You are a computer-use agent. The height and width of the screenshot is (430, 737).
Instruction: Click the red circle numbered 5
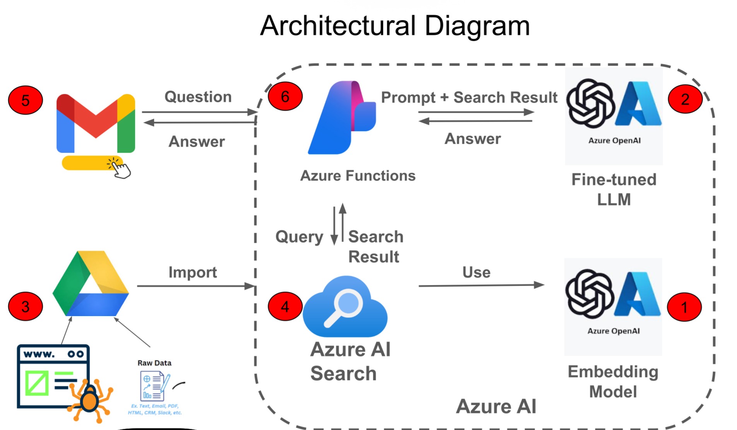click(x=25, y=100)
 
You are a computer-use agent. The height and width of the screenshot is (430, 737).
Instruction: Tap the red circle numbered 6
click(x=285, y=96)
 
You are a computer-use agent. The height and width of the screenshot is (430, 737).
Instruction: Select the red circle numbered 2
click(x=685, y=99)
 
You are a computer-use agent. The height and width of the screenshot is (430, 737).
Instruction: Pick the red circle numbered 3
click(x=25, y=306)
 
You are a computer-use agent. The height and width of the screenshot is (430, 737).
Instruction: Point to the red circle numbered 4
click(x=285, y=306)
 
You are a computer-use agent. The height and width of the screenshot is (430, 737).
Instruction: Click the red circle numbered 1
click(x=684, y=307)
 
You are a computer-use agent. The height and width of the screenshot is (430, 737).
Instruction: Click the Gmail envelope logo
click(x=96, y=123)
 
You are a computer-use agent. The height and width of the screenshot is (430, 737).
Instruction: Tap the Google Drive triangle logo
click(x=91, y=284)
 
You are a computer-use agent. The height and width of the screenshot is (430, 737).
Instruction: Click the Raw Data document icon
click(x=154, y=386)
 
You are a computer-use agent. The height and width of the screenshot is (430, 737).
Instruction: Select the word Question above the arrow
click(x=198, y=97)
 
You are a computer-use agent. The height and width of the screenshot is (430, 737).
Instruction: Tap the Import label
click(x=193, y=272)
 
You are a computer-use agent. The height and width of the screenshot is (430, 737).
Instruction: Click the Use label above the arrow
click(x=476, y=272)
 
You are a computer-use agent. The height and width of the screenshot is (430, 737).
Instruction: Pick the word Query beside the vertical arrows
click(x=299, y=237)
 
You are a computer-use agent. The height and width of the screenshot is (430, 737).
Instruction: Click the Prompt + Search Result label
click(x=469, y=97)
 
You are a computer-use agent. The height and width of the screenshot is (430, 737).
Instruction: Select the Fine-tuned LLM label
click(x=614, y=189)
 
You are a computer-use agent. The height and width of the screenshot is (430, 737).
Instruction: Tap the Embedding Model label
click(x=613, y=381)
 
